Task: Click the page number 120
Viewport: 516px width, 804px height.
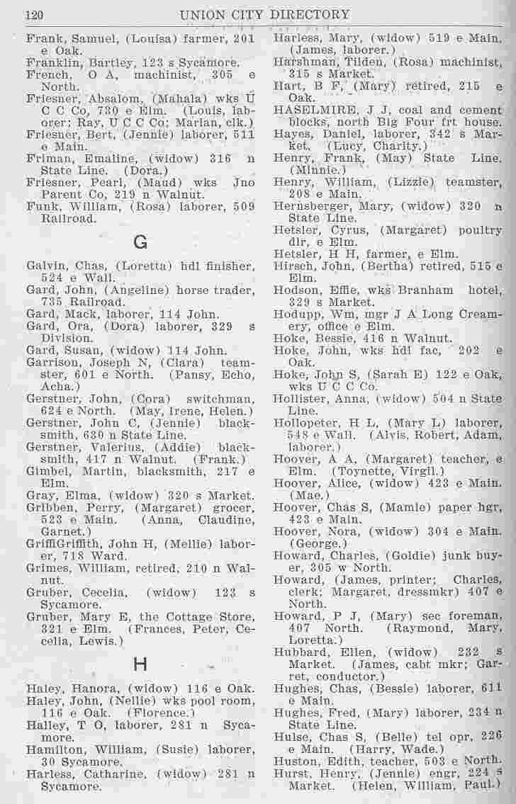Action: pyautogui.click(x=35, y=13)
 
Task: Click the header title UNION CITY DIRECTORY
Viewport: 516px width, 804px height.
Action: pyautogui.click(x=264, y=14)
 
